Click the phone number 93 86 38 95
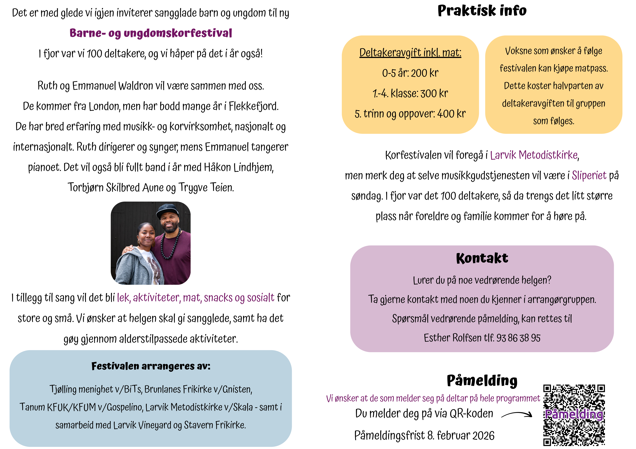(518, 338)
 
